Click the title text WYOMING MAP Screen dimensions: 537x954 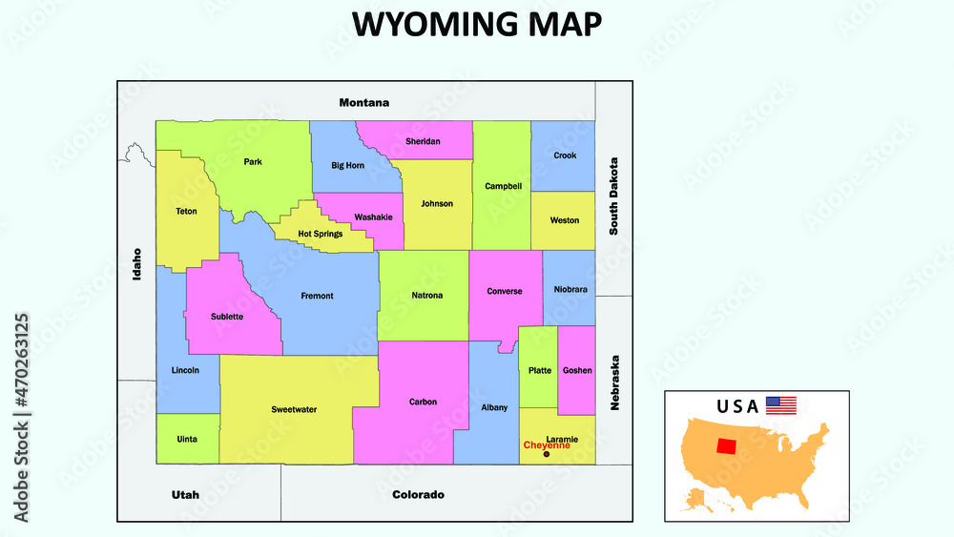(x=476, y=25)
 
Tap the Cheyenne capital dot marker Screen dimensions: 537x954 (x=546, y=454)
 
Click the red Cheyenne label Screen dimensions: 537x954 (x=547, y=445)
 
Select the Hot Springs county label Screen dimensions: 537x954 (x=320, y=234)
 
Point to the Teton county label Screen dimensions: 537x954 (x=186, y=211)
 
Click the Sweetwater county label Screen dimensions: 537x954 (x=294, y=409)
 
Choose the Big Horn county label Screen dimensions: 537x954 (x=347, y=165)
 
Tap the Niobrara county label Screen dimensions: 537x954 (x=570, y=289)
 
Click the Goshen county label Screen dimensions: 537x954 (x=577, y=370)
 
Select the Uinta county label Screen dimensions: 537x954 (x=187, y=439)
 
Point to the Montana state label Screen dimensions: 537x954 (x=364, y=102)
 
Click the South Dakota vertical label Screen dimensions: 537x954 (x=614, y=196)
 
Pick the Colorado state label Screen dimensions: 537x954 (x=418, y=494)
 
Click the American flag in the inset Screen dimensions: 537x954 (x=781, y=405)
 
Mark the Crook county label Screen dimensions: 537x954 (x=565, y=155)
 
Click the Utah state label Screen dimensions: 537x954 (x=185, y=494)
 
